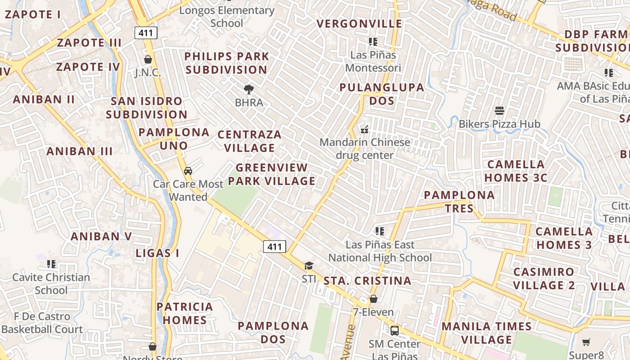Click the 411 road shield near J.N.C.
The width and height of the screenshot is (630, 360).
[x=146, y=32]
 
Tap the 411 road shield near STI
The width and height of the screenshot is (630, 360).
[x=274, y=246]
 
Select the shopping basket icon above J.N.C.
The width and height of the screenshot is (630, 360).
[x=148, y=59]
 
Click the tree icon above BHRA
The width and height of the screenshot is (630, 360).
[x=248, y=89]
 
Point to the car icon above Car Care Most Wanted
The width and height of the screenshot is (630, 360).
[x=188, y=171]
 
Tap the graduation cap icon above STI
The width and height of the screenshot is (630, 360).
[x=309, y=265]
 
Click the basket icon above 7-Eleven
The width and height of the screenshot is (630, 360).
[x=373, y=299]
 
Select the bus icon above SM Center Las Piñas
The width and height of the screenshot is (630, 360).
[x=395, y=330]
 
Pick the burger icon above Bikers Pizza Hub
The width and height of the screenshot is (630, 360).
[x=499, y=110]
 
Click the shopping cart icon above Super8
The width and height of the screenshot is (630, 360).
[x=586, y=342]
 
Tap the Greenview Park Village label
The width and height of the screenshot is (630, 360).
[x=271, y=174]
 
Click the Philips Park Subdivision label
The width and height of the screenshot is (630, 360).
[x=227, y=63]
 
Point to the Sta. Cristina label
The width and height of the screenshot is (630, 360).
[x=367, y=281]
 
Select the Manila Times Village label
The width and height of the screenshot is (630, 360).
[x=486, y=333]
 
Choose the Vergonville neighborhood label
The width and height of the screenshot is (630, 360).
[x=360, y=23]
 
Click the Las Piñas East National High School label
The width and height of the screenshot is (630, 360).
[x=380, y=251]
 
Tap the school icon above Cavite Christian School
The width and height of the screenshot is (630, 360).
[x=51, y=264]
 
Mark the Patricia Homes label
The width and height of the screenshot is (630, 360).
[x=184, y=313]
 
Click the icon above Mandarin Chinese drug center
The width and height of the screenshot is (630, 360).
[x=364, y=130]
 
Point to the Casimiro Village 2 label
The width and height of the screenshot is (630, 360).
[x=544, y=279]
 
